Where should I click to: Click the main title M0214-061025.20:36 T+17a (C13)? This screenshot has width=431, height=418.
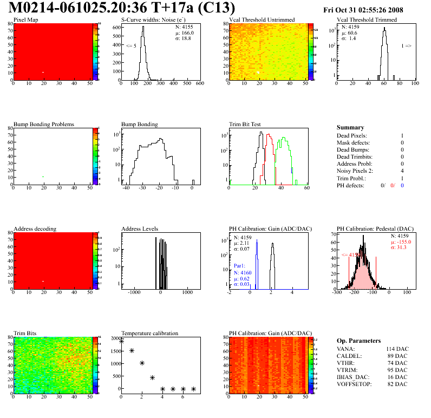coord(122,8)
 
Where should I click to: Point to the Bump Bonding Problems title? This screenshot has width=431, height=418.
coord(44,124)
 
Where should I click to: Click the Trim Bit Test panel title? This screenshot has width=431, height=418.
coord(245,124)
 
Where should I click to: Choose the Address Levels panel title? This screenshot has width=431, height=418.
coord(140,228)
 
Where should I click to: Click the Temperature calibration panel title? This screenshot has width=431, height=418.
coord(150,333)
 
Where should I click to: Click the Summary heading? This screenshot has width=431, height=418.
coord(350,127)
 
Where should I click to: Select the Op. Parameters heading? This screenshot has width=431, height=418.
coord(359,341)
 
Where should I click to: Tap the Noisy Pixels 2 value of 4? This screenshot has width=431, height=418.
coord(402,171)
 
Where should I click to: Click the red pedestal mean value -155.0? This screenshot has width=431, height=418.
coord(402,242)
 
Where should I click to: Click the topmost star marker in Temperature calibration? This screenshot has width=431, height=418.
coord(121,341)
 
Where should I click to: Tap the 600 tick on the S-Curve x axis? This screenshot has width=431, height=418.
coord(199,83)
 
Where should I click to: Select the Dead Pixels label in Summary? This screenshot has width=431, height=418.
coord(352,135)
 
